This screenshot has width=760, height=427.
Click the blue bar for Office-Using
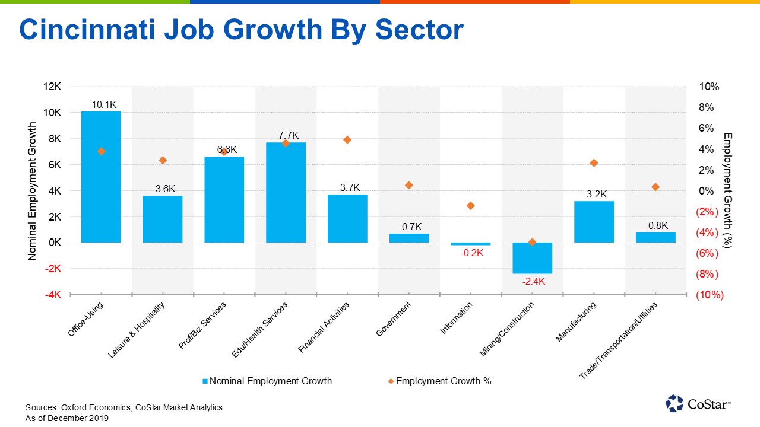(101, 178)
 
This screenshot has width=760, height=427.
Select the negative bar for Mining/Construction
(533, 258)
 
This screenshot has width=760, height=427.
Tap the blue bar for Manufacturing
(594, 222)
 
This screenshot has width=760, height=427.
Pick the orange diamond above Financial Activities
(347, 140)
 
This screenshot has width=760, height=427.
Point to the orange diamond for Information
(471, 206)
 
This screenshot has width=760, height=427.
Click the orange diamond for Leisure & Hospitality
(163, 160)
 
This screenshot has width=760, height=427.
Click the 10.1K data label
(104, 105)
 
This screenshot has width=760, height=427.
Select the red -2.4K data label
(533, 281)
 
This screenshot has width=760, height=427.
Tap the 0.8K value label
(658, 225)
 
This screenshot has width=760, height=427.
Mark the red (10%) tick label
(710, 295)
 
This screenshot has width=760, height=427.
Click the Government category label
(394, 319)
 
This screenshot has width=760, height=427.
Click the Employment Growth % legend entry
(440, 381)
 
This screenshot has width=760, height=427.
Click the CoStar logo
(698, 403)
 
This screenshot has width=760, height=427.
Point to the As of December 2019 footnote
(67, 418)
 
